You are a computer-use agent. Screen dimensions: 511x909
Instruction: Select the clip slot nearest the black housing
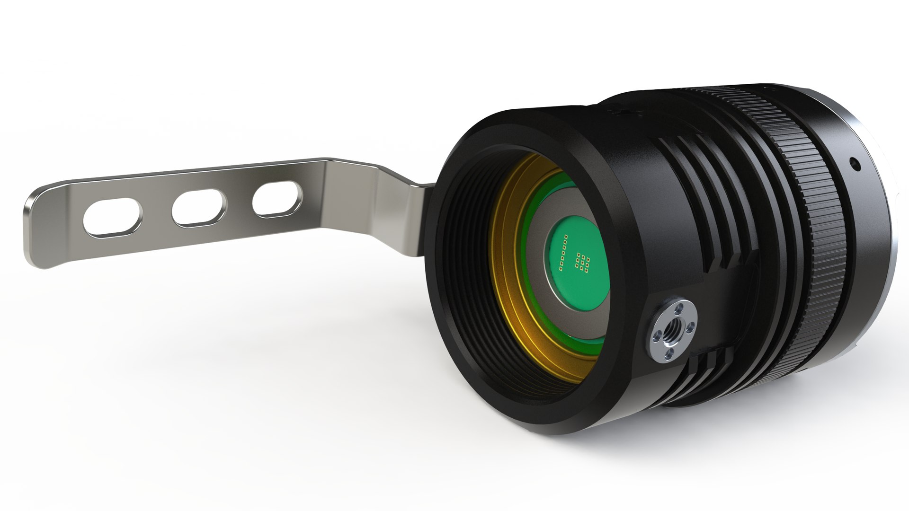pos(277,201)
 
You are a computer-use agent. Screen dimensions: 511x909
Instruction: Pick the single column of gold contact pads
pos(563,253)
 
